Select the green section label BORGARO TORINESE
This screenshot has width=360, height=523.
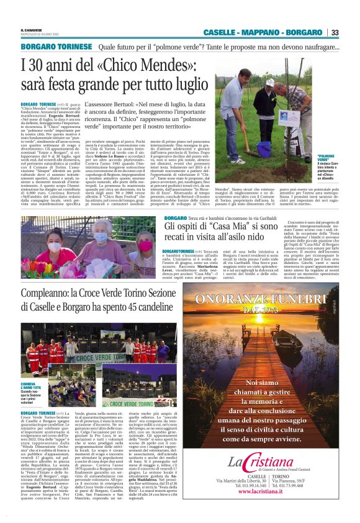[56, 47]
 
